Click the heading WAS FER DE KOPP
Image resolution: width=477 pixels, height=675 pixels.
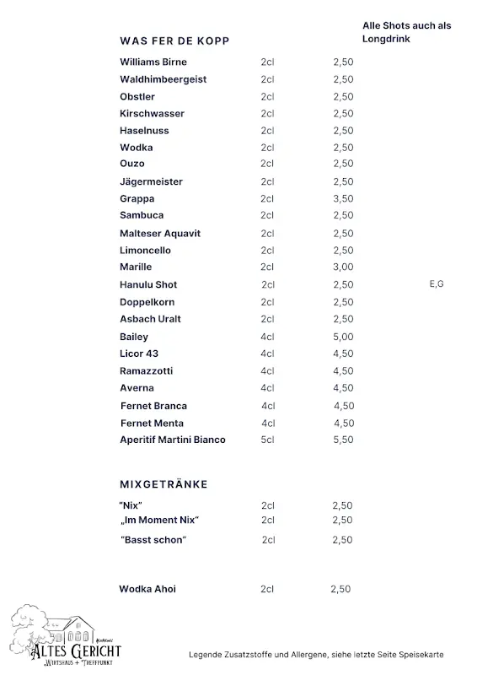(x=174, y=40)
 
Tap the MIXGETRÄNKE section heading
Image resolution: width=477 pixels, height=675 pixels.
(x=163, y=484)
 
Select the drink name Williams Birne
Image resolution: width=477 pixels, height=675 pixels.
(x=153, y=62)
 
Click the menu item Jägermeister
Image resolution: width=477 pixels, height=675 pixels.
(x=151, y=182)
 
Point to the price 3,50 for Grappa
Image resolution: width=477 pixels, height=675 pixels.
(x=343, y=199)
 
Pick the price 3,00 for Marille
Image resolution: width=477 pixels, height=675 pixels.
(x=343, y=267)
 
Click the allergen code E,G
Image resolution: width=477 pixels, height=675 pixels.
(x=437, y=284)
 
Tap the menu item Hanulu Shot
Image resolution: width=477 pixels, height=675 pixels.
(x=148, y=285)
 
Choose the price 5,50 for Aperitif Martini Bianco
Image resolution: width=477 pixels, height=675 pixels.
(x=343, y=440)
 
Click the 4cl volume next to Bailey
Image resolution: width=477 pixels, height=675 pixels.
(x=268, y=337)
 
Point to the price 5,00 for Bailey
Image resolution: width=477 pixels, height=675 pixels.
(x=343, y=337)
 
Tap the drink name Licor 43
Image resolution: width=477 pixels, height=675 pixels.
(x=139, y=354)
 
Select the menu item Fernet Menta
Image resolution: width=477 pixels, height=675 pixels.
(x=152, y=423)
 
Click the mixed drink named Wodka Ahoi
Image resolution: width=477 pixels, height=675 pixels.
(x=147, y=589)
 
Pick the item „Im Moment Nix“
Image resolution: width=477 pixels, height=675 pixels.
(x=159, y=520)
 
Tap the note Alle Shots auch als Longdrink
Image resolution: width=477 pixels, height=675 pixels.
(x=406, y=32)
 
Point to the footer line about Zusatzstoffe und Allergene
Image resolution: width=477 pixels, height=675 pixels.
(x=315, y=655)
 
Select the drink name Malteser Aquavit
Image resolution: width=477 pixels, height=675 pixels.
(x=160, y=234)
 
